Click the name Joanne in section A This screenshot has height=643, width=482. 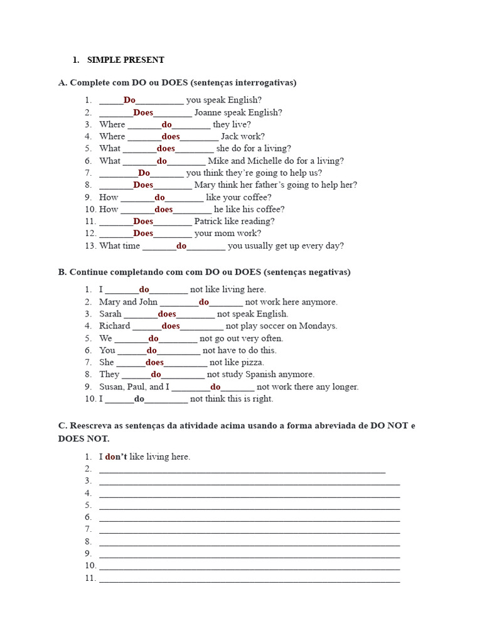209,112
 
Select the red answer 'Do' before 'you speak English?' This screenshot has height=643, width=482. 129,100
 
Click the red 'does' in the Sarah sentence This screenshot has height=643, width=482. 167,314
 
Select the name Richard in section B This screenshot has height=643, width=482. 115,326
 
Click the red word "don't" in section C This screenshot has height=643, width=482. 116,457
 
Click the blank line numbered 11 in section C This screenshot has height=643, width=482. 249,579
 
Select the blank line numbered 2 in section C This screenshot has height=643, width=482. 242,470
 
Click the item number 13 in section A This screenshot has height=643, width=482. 90,246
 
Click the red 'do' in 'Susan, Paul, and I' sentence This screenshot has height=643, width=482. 215,387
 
